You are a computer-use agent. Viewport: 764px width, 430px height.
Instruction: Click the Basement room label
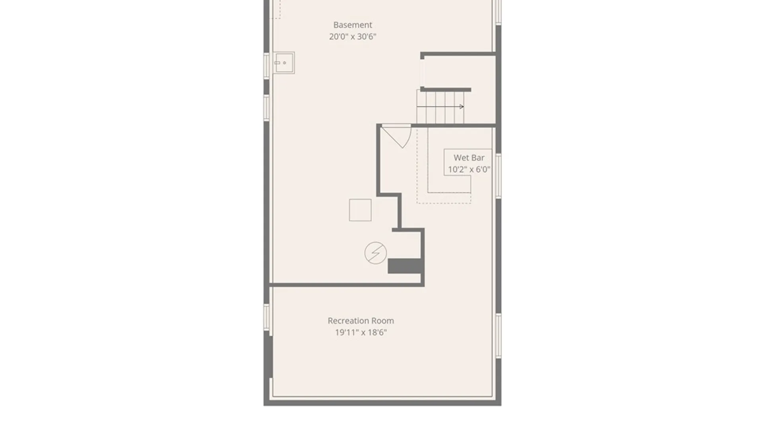click(353, 25)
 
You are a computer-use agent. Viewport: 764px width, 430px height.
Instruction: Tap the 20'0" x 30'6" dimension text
click(353, 37)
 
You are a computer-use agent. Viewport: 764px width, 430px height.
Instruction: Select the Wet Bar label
click(469, 158)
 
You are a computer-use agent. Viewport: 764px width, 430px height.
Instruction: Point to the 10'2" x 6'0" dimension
click(469, 170)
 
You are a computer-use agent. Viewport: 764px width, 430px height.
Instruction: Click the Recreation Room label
click(361, 321)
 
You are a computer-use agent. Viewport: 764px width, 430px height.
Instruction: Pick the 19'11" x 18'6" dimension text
click(361, 332)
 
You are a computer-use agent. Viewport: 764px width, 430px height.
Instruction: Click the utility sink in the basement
click(284, 63)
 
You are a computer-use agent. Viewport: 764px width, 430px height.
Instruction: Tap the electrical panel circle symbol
click(375, 253)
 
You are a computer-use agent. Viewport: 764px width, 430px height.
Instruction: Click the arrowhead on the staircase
click(462, 107)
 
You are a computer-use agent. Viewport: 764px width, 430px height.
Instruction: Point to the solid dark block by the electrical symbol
click(405, 266)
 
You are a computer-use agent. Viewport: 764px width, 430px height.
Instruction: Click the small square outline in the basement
click(360, 210)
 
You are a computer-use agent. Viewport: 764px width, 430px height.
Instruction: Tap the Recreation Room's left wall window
click(267, 317)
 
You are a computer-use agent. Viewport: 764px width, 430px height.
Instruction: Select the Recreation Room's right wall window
click(498, 335)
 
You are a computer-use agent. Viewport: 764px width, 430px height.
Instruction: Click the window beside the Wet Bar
click(498, 175)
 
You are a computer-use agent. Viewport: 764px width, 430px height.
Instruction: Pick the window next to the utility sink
click(267, 65)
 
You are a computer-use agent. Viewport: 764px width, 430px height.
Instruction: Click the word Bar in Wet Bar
click(477, 158)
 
